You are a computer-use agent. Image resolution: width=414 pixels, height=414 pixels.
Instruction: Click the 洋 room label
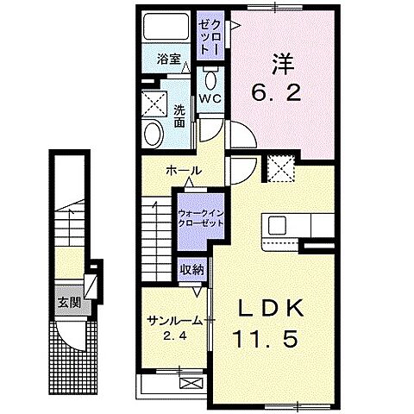pos(280,63)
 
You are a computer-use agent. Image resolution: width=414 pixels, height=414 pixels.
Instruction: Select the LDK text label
pos(265,309)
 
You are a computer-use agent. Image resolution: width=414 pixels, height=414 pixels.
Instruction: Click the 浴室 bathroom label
pos(167,60)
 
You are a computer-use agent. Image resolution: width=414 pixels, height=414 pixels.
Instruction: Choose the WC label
pos(210,98)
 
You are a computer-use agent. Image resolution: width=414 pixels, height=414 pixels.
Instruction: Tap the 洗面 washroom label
pos(179,116)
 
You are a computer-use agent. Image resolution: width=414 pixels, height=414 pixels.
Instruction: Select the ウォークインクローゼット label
pos(200,216)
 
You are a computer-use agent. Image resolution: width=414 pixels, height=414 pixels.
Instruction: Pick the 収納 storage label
pos(191,269)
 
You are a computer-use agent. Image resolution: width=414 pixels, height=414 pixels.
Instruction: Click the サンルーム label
pos(174,320)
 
